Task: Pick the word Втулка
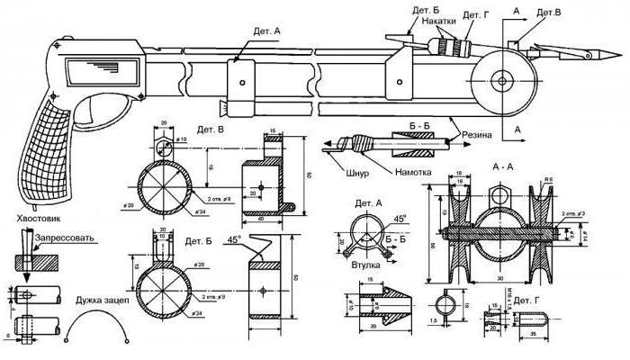click(366, 265)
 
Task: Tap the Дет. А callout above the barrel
click(256, 31)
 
